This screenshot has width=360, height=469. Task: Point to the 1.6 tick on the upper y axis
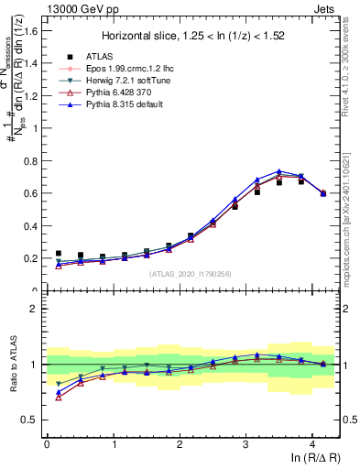31,30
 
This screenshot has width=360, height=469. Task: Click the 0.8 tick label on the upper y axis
31,160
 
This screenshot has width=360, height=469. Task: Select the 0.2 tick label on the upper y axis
31,258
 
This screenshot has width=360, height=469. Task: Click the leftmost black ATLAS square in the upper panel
59,254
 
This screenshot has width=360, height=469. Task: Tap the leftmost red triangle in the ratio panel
59,397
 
